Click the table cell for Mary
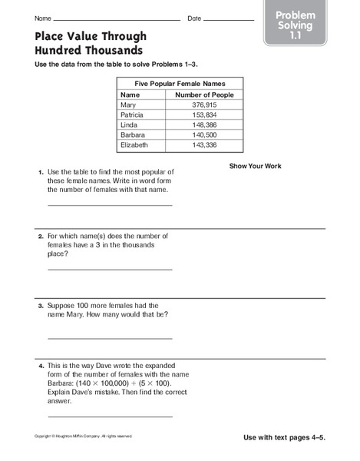tap(128, 105)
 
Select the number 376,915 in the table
tap(204, 105)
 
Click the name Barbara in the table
tap(133, 134)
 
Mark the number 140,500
tap(204, 134)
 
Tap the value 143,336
tap(204, 144)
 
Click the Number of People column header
tap(204, 95)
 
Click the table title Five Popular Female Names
tap(180, 83)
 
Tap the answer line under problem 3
tap(110, 337)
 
